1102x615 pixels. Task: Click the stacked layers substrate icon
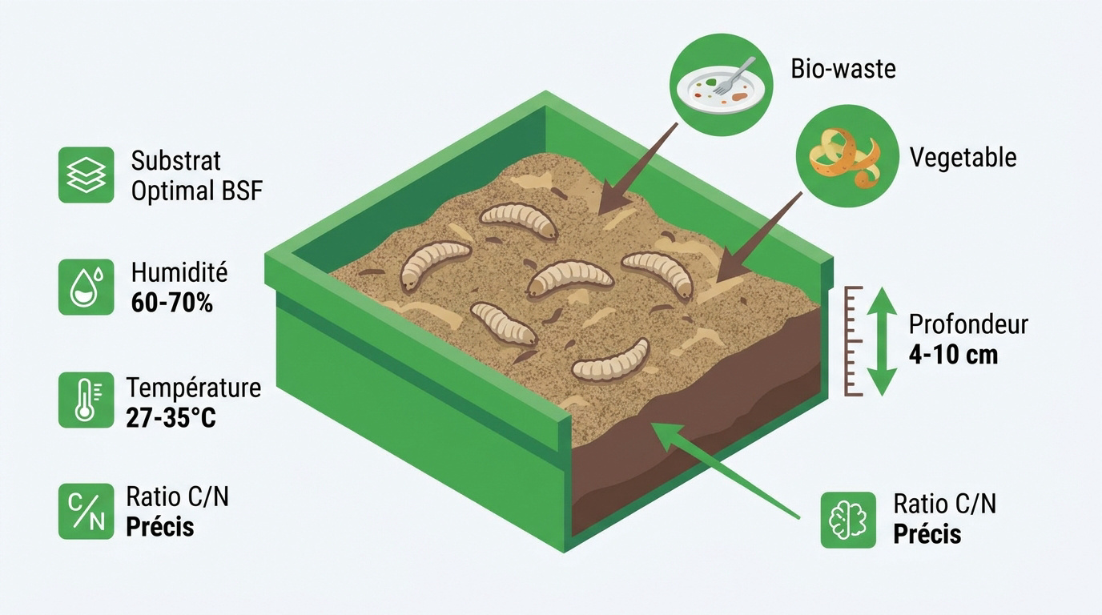(86, 175)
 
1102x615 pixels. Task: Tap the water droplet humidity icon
(86, 287)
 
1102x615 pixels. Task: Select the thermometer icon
(86, 400)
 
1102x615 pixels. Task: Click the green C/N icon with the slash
(86, 511)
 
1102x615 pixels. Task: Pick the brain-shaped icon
(848, 520)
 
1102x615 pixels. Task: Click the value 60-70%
(171, 303)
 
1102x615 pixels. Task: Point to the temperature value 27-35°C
(171, 419)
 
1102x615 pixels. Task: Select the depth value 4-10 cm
(953, 355)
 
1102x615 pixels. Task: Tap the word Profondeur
(968, 324)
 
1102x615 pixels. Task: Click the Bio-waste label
(843, 69)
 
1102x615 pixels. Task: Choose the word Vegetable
(963, 158)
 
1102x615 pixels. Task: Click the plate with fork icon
(722, 85)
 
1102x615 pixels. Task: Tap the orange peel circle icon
(847, 156)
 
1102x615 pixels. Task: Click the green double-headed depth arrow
(881, 341)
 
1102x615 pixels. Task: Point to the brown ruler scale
(853, 341)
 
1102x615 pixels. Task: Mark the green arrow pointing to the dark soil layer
(725, 470)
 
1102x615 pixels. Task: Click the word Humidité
(179, 272)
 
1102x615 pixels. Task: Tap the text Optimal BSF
(197, 191)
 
